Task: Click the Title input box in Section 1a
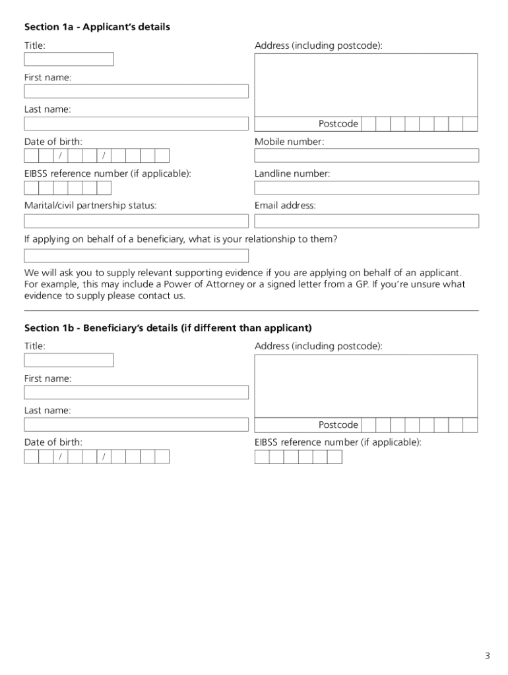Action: click(69, 59)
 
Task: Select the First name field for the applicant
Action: click(136, 91)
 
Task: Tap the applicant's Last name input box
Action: click(136, 123)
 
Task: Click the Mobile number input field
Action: click(366, 156)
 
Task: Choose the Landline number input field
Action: click(366, 188)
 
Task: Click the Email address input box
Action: click(366, 220)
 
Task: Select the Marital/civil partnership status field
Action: click(136, 220)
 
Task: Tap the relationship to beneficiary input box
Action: click(136, 256)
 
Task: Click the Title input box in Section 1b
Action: click(69, 360)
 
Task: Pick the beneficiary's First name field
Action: click(136, 392)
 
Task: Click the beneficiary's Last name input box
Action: click(136, 425)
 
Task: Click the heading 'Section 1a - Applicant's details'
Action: click(97, 27)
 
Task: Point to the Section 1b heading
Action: click(168, 328)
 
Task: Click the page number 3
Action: click(487, 655)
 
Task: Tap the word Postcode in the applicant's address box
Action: click(338, 124)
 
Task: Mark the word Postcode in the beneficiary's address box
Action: click(338, 425)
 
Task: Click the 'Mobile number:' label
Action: click(289, 142)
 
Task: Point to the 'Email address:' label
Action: click(285, 206)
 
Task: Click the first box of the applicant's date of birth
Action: click(31, 156)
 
